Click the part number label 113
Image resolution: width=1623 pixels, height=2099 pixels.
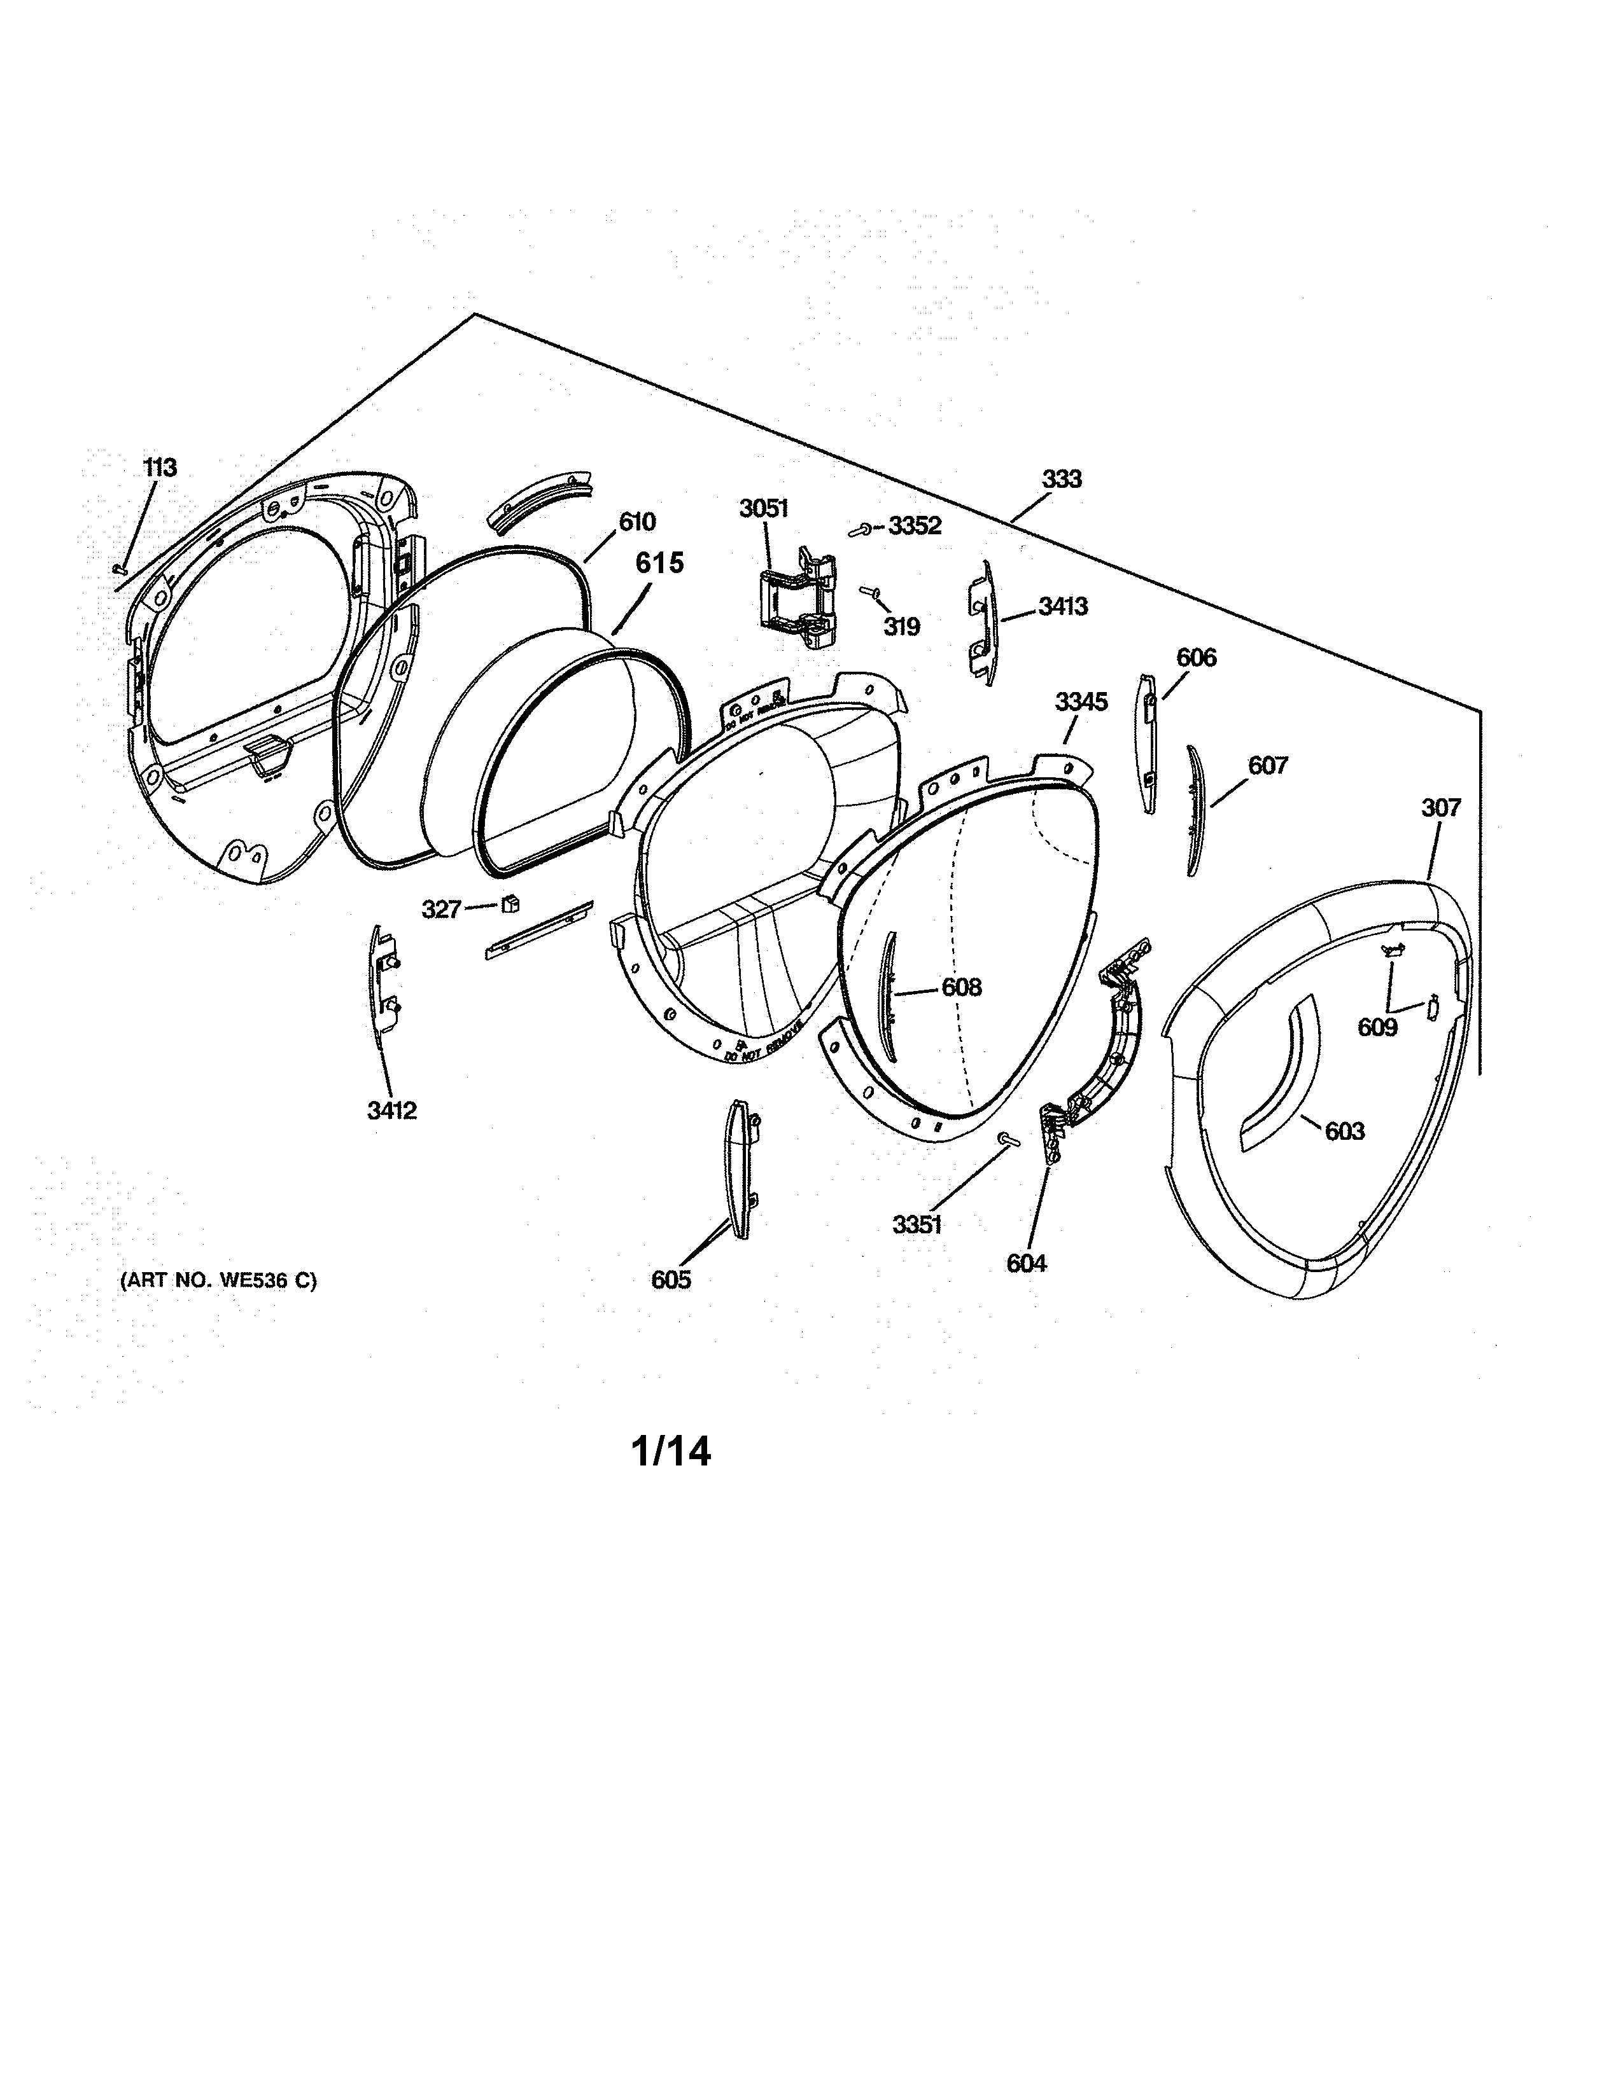160,468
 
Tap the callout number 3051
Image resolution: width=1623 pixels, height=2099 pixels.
763,508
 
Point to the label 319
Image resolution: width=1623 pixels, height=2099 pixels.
902,627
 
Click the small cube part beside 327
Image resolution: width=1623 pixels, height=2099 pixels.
510,903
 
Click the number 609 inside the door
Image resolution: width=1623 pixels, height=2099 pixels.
1377,1027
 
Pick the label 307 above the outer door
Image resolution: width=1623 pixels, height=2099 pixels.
1440,808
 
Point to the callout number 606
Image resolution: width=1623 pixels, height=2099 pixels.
1195,658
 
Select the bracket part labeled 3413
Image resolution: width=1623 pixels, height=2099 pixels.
981,623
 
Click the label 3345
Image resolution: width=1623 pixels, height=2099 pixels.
1081,702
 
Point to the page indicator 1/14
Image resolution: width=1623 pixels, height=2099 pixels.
671,1451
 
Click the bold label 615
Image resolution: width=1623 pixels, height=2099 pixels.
659,562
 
